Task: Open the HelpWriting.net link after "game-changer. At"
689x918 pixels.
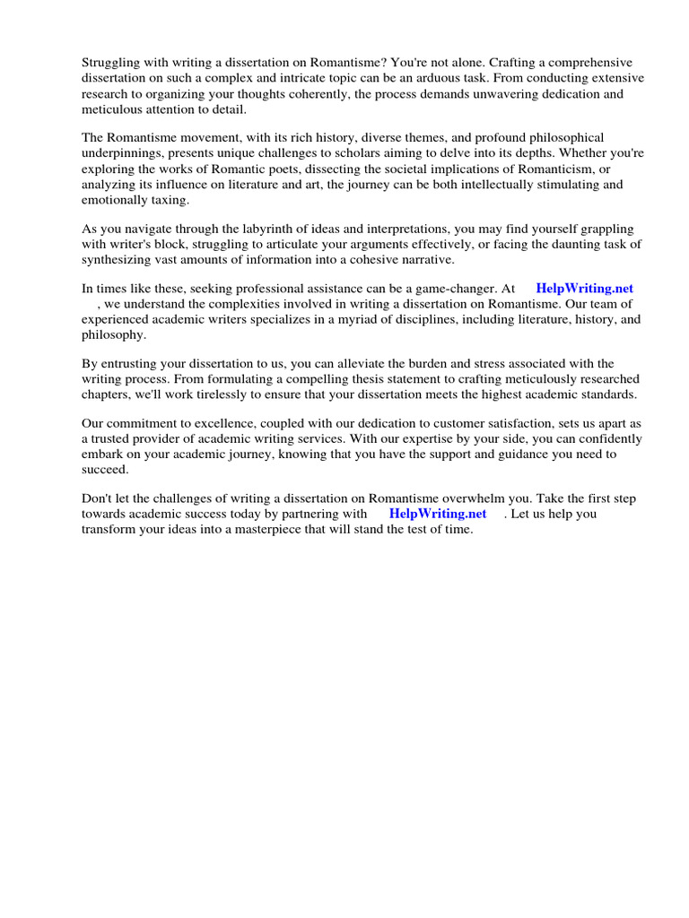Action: (584, 289)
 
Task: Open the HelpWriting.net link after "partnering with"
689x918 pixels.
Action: (438, 514)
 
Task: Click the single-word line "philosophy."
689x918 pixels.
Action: (113, 335)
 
